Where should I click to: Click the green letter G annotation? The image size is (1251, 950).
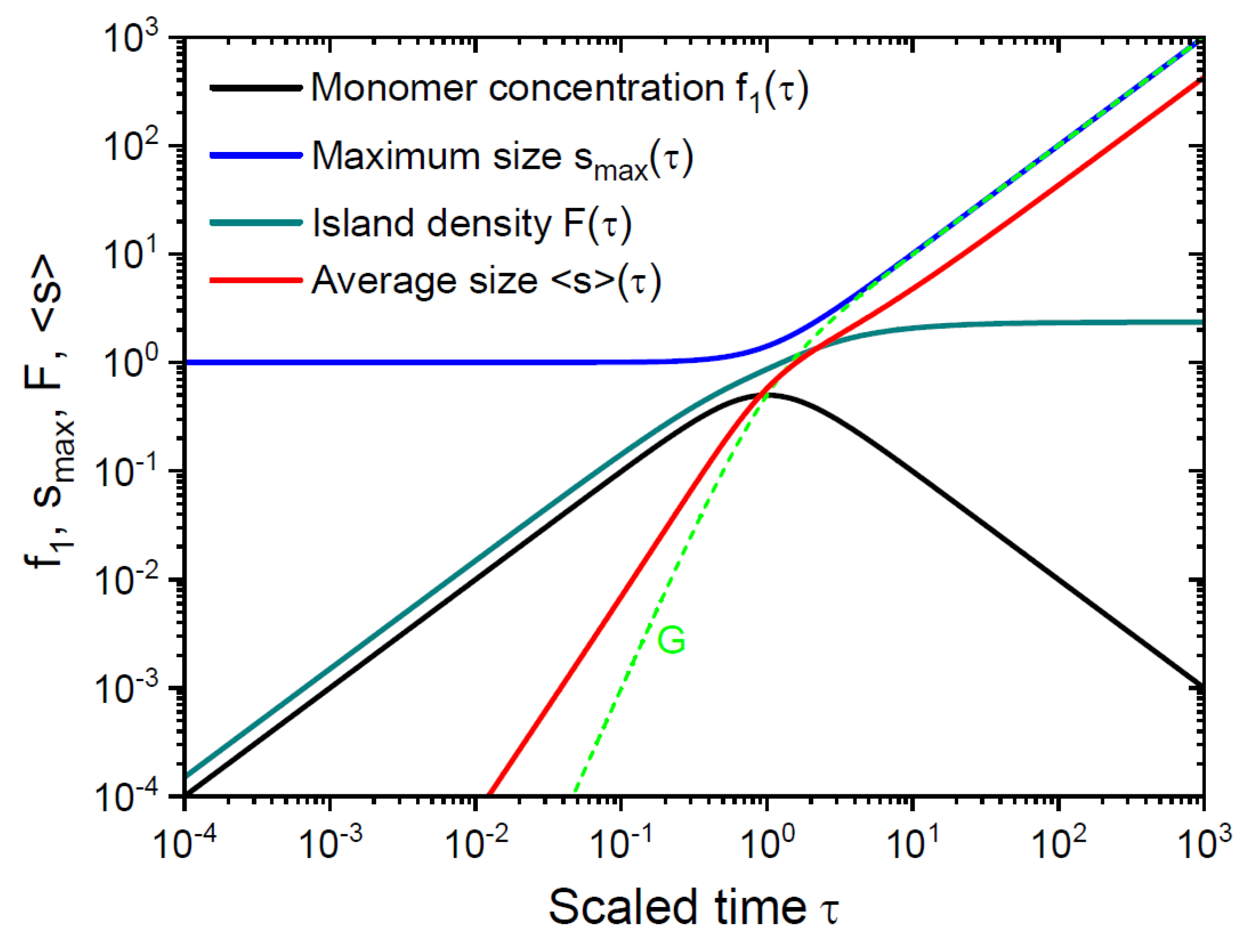click(671, 641)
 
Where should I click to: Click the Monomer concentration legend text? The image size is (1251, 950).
click(560, 89)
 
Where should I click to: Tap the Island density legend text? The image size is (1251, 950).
click(472, 223)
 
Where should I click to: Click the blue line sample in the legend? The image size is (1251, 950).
click(256, 156)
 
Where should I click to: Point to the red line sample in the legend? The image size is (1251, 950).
click(256, 281)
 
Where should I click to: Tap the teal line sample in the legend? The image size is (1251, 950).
click(256, 223)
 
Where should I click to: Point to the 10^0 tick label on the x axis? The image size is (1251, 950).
click(767, 843)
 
